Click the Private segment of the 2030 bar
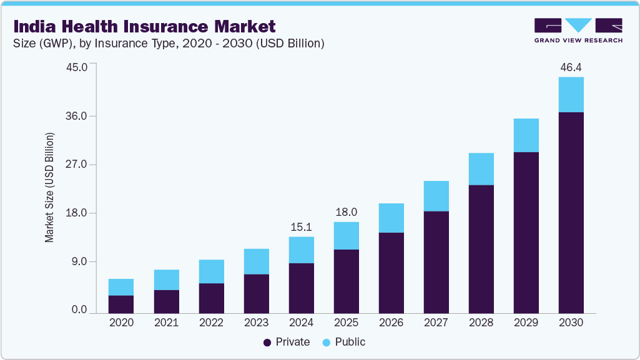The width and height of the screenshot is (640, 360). (x=571, y=212)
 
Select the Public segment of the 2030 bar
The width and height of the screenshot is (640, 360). (x=571, y=95)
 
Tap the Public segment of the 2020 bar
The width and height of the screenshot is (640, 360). (x=121, y=287)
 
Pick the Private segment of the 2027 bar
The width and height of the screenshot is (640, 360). (x=436, y=262)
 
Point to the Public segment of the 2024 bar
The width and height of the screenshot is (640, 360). (x=301, y=250)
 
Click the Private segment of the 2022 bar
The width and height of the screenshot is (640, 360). (x=211, y=298)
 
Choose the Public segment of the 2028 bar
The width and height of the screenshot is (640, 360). (x=481, y=169)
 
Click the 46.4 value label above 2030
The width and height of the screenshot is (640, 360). (x=571, y=67)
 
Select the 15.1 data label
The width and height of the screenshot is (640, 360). (x=301, y=226)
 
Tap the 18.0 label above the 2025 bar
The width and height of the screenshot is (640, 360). (x=346, y=212)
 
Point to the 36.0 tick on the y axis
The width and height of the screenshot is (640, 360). (x=79, y=117)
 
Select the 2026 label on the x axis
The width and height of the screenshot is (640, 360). (x=391, y=323)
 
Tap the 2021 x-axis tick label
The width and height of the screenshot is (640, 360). (x=165, y=323)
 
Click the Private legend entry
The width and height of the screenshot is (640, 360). (x=287, y=342)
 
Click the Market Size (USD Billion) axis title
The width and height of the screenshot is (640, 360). (x=49, y=187)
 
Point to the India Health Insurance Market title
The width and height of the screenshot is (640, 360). (x=144, y=27)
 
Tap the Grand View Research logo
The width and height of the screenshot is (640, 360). (x=578, y=31)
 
